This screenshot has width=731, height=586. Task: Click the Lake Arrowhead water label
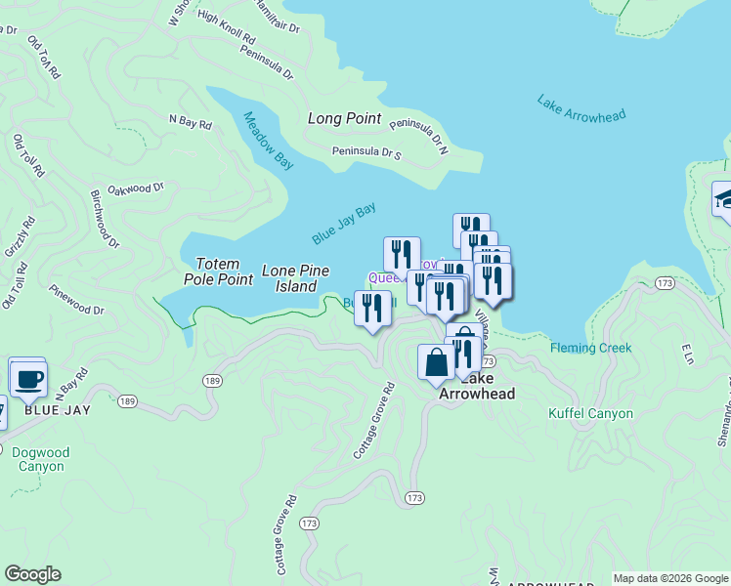coord(580,107)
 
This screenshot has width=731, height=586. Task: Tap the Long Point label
coord(344,118)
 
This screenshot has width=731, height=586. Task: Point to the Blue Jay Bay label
coord(344,224)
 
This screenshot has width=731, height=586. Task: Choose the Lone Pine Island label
coord(295,278)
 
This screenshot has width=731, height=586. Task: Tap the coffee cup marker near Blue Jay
coord(28,376)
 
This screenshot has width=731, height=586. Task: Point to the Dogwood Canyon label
coord(40,459)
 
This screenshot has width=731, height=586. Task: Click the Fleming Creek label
coord(590,348)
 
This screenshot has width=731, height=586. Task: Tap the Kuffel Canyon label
coord(590,413)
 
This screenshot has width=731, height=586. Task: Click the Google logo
coord(32,574)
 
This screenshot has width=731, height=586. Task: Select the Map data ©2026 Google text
coord(669,578)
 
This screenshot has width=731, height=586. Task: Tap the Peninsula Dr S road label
coord(366,152)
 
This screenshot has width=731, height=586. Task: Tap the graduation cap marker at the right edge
coord(723,199)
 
